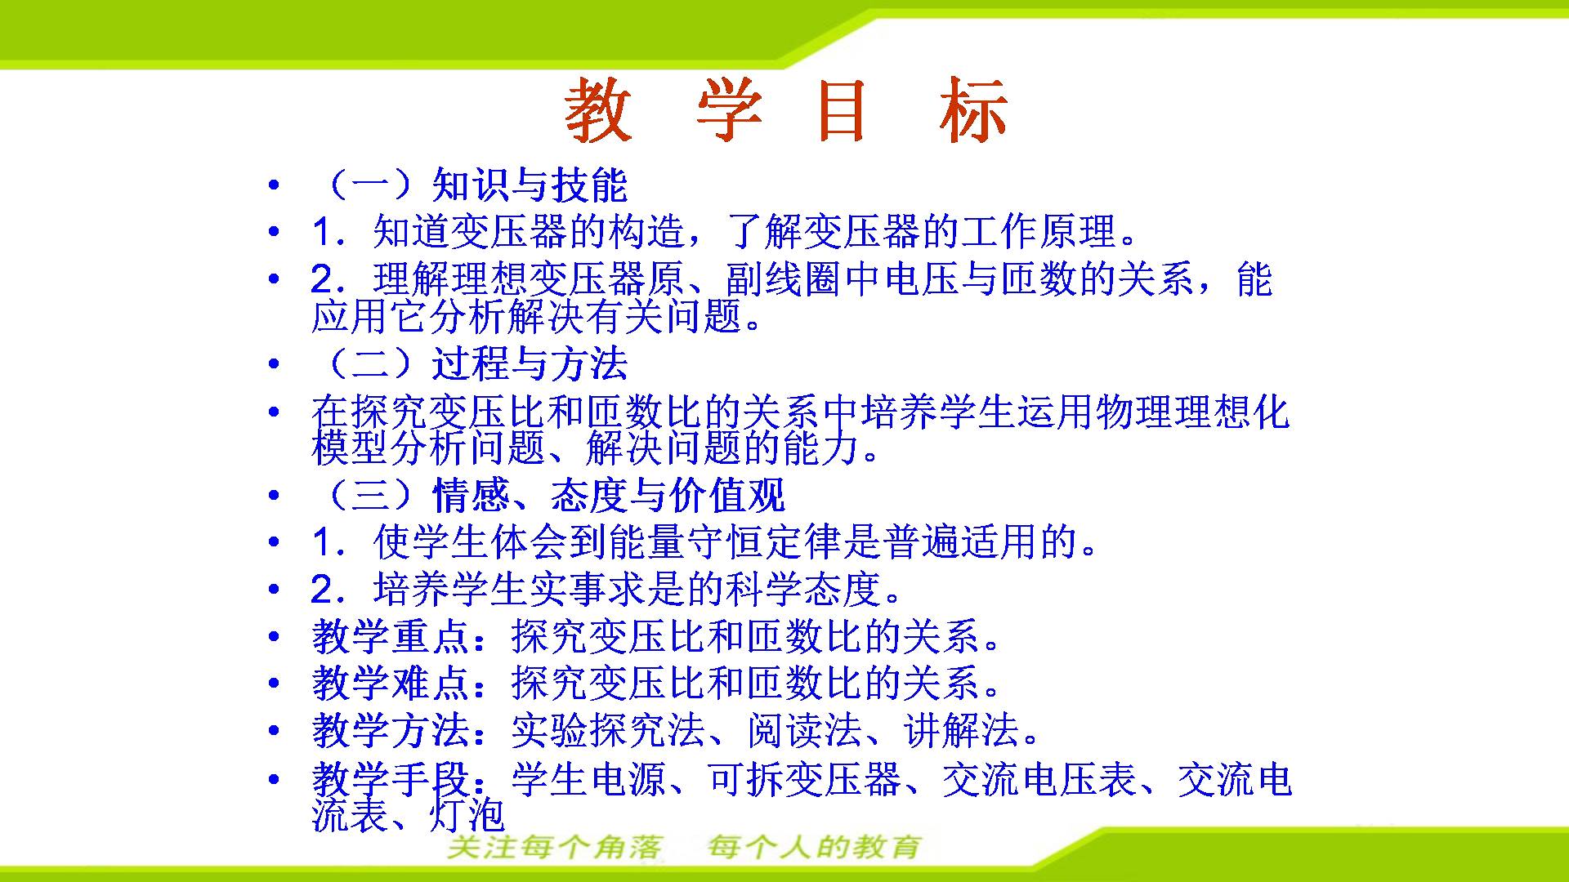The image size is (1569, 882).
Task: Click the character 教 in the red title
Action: click(599, 111)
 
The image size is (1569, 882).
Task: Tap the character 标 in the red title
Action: click(972, 111)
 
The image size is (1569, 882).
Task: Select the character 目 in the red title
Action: click(842, 111)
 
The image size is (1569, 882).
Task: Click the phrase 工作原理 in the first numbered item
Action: click(1037, 232)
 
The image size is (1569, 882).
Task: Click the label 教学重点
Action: click(390, 636)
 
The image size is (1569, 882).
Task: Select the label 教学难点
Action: click(390, 683)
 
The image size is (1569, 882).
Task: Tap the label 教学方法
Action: click(390, 730)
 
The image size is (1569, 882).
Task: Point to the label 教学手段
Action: click(390, 778)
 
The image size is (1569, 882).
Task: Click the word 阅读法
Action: click(804, 730)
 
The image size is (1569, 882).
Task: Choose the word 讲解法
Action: click(961, 730)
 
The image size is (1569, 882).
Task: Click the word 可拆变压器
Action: click(804, 778)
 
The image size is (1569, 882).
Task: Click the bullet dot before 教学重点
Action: click(274, 636)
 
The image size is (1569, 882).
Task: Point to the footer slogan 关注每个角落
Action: click(554, 848)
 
